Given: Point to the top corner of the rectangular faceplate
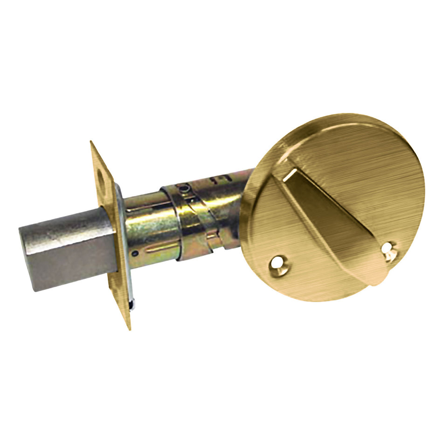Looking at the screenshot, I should (91, 142).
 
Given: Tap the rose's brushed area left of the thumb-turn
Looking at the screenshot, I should (266, 219).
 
